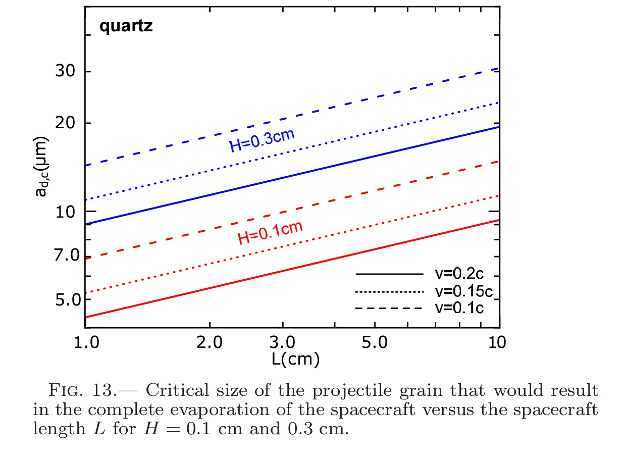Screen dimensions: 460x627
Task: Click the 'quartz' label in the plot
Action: click(x=126, y=26)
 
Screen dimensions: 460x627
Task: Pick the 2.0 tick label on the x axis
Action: click(x=209, y=342)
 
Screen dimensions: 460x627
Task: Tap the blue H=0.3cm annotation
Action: click(x=262, y=141)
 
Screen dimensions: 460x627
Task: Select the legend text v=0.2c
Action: click(x=459, y=274)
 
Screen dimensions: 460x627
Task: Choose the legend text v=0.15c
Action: click(x=463, y=291)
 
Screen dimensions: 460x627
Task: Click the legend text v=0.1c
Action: click(x=459, y=308)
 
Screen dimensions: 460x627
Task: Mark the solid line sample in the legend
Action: click(x=389, y=274)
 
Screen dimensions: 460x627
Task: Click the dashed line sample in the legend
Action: click(x=389, y=308)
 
